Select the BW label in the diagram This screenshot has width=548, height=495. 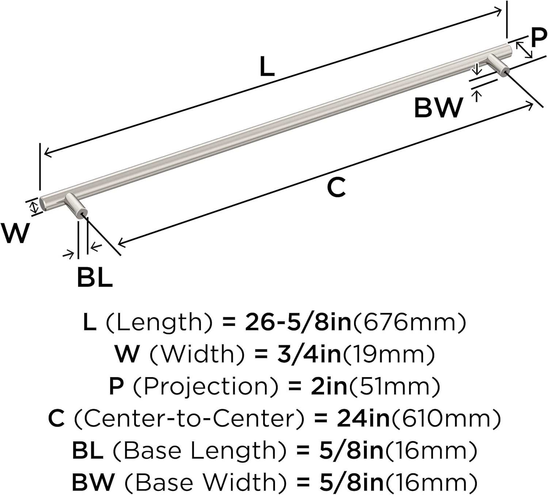tap(438, 108)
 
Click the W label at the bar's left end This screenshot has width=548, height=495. tap(15, 233)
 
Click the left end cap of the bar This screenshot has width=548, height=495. tap(43, 203)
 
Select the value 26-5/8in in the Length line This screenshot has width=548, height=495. tap(298, 322)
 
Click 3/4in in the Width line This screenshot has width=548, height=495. tap(309, 355)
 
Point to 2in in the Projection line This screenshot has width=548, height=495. tap(329, 386)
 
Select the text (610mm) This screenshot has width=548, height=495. tap(446, 419)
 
